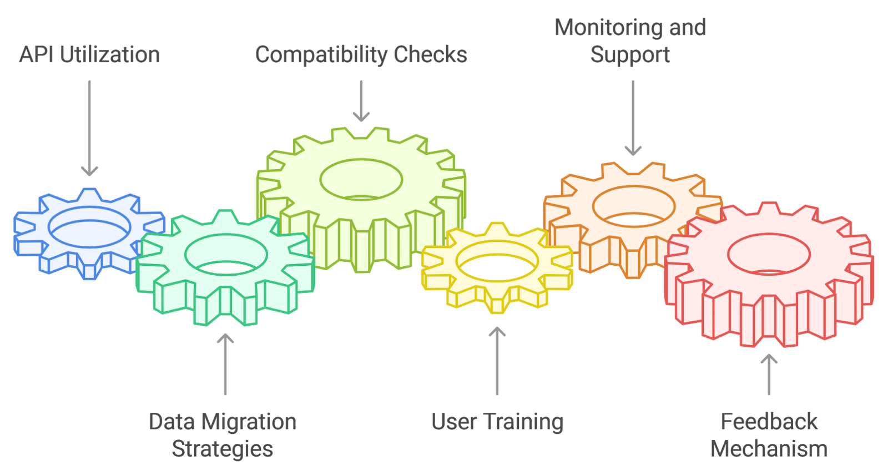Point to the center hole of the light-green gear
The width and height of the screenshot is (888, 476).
(361, 179)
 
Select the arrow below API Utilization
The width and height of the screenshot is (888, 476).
(89, 128)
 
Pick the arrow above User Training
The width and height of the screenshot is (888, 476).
(497, 361)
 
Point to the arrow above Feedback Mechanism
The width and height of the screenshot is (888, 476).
(769, 374)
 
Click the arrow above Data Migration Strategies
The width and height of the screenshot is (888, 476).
(225, 364)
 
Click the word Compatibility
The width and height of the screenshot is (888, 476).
(321, 55)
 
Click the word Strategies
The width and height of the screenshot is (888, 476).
(222, 449)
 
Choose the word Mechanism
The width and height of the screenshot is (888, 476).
(769, 449)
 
